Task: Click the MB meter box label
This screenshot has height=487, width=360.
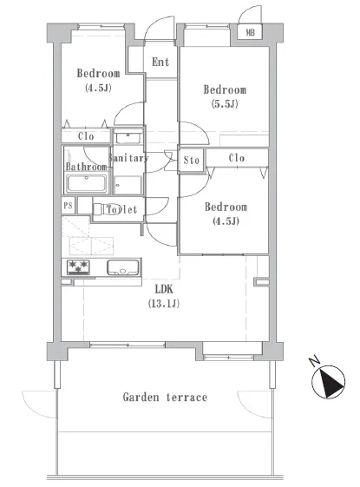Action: (250, 32)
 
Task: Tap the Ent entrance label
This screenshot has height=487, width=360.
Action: (160, 63)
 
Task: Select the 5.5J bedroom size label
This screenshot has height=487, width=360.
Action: (225, 103)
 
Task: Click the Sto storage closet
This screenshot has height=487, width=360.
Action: (191, 161)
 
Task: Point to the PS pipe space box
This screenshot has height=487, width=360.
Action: (68, 205)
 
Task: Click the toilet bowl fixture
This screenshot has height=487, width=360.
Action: (101, 208)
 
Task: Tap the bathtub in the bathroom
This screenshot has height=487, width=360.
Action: (87, 183)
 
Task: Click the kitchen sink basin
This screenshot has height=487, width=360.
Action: (123, 267)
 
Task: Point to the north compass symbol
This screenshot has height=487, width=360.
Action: (329, 382)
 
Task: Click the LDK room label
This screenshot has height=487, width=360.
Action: (164, 289)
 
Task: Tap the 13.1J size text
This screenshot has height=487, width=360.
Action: (164, 304)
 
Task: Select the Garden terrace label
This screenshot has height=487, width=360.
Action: (165, 398)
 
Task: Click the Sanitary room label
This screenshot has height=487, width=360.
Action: (128, 158)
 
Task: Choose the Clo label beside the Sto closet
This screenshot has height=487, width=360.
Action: (237, 158)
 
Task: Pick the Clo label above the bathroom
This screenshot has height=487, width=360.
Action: (86, 136)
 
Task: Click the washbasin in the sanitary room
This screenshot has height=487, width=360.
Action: (128, 137)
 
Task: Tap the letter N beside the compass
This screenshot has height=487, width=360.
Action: (314, 360)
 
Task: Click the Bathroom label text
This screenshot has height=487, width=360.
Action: (86, 167)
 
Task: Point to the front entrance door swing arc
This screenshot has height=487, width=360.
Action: (157, 24)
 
